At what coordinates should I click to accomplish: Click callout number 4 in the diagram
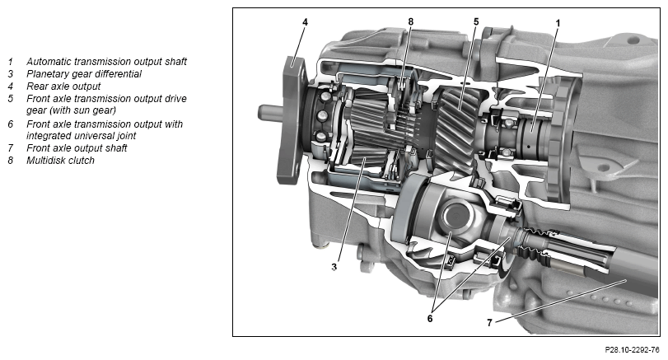305,21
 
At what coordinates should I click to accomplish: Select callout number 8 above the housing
411,21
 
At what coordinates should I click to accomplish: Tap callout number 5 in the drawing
476,21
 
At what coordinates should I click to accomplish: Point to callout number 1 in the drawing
558,22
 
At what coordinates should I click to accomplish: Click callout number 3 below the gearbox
334,267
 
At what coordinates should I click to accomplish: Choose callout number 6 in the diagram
430,318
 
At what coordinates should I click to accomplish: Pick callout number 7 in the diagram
489,323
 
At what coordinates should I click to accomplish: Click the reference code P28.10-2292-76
632,350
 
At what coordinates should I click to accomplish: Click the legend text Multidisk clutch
60,161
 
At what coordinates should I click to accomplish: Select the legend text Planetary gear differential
84,74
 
